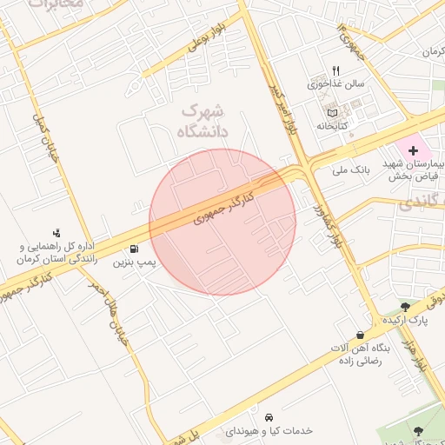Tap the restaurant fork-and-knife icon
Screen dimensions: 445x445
(335, 71)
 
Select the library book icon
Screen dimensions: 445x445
(331, 113)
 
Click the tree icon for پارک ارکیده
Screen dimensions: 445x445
(405, 307)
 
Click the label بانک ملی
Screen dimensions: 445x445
(351, 170)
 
